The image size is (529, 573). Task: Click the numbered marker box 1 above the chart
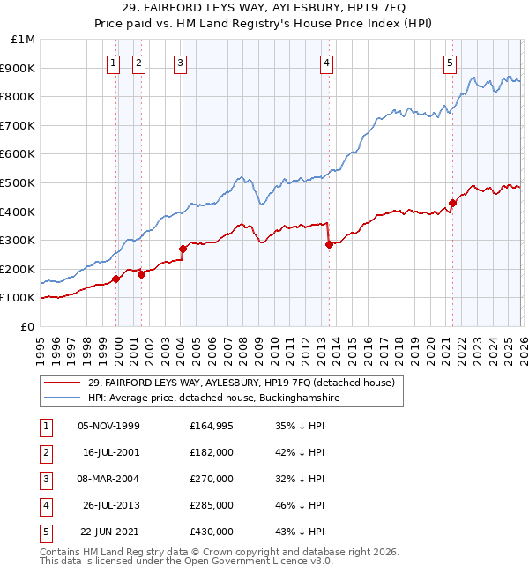pyautogui.click(x=115, y=63)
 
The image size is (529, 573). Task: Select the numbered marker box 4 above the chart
pyautogui.click(x=326, y=63)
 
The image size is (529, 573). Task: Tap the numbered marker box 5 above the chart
pyautogui.click(x=450, y=63)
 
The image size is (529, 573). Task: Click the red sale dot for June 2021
pyautogui.click(x=452, y=203)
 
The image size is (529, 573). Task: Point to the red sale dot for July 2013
pyautogui.click(x=329, y=244)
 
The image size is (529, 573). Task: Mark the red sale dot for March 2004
pyautogui.click(x=183, y=249)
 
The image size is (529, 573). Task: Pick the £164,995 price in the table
pyautogui.click(x=212, y=426)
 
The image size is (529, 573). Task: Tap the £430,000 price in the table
pyautogui.click(x=212, y=532)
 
